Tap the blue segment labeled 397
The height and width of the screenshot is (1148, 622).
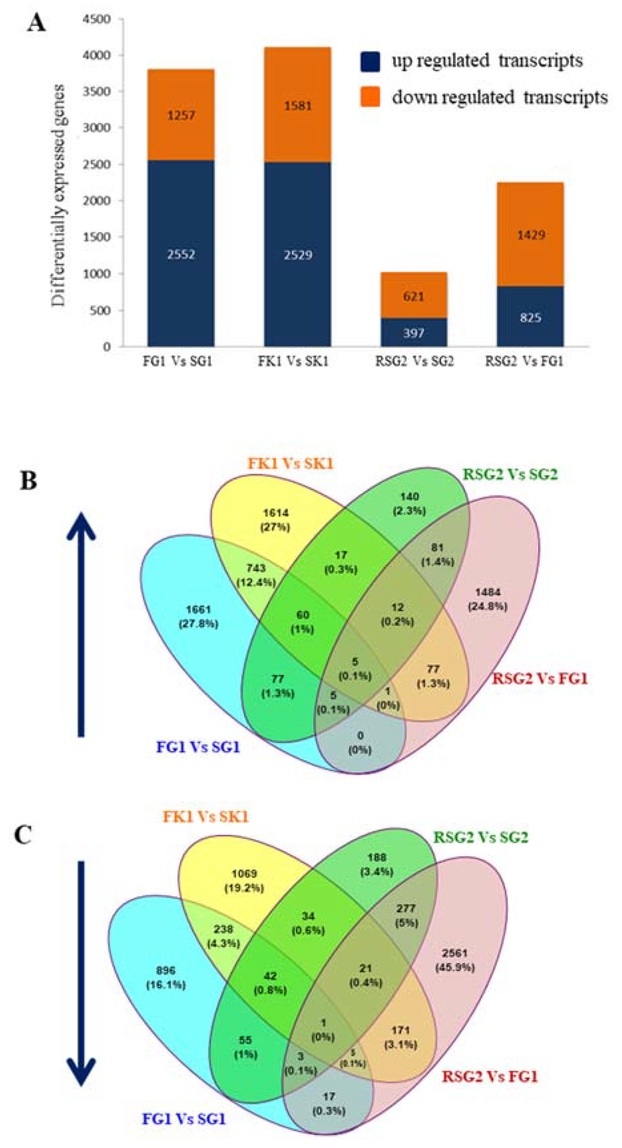(x=414, y=333)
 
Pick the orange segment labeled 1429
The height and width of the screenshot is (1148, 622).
(x=530, y=234)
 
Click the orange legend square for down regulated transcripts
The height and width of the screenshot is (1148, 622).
(x=370, y=97)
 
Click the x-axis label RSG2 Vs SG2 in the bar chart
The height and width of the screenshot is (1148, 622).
(x=414, y=361)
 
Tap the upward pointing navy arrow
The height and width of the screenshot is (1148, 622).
(x=81, y=624)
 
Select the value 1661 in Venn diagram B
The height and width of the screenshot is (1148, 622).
(x=198, y=610)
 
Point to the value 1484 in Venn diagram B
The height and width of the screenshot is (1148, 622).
(x=488, y=592)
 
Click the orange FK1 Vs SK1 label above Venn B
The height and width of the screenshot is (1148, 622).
(x=290, y=463)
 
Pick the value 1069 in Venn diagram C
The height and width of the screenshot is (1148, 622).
(x=244, y=873)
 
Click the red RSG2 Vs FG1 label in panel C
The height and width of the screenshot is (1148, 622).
(x=490, y=1076)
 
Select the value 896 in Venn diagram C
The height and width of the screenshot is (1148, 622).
(x=166, y=970)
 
